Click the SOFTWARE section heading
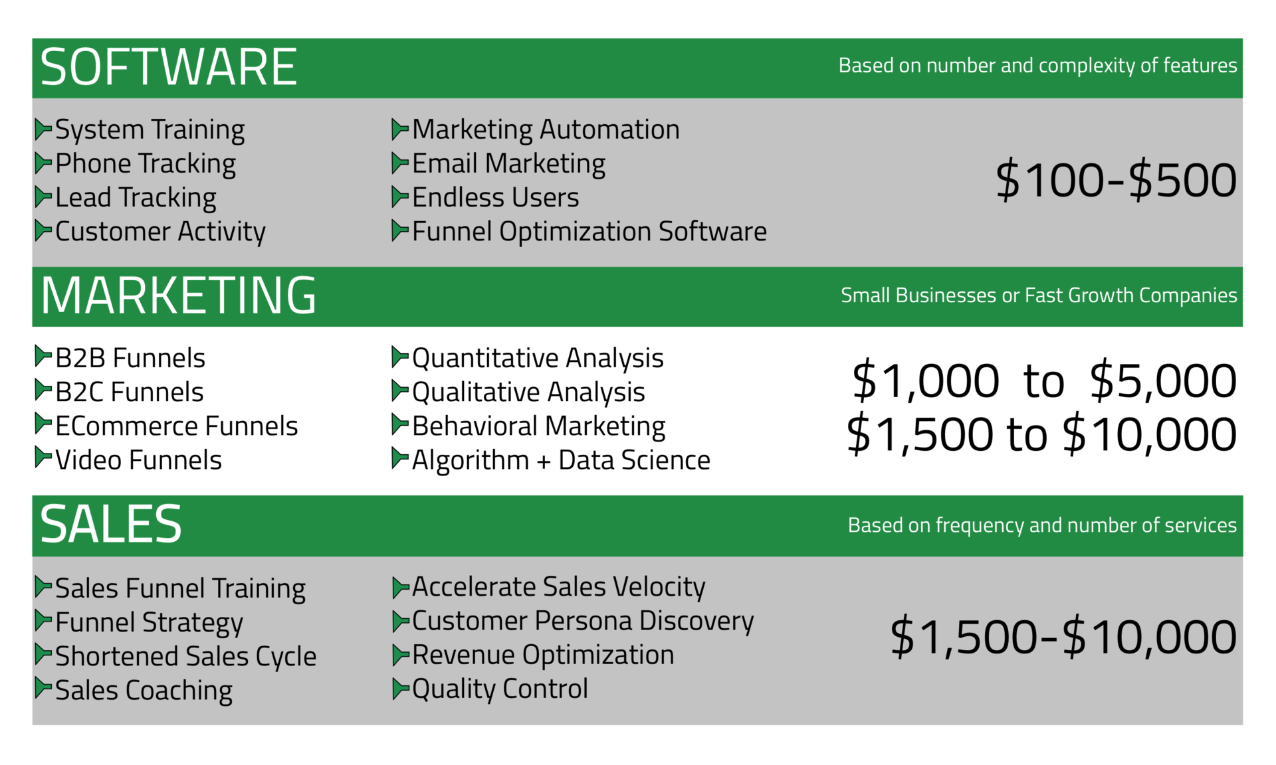(x=168, y=67)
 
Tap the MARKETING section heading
(x=178, y=296)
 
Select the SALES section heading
(x=111, y=524)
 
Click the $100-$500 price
(x=1116, y=180)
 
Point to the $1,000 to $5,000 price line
(x=1044, y=381)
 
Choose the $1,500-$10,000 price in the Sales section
(x=1063, y=636)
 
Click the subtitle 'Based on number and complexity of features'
(x=1037, y=66)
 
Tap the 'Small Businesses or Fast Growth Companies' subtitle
(x=1039, y=295)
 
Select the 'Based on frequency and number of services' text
(x=1042, y=525)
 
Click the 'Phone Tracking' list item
(x=146, y=164)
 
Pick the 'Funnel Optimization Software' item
(x=589, y=232)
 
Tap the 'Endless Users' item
(x=496, y=198)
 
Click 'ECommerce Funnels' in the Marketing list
(x=177, y=426)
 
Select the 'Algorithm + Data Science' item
(x=561, y=460)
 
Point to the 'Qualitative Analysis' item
(x=528, y=392)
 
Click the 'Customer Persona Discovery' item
(x=583, y=622)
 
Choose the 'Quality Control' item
(x=500, y=689)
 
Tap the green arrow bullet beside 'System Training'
(x=43, y=129)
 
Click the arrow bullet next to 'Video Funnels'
(x=43, y=458)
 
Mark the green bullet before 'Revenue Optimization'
(x=401, y=655)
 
